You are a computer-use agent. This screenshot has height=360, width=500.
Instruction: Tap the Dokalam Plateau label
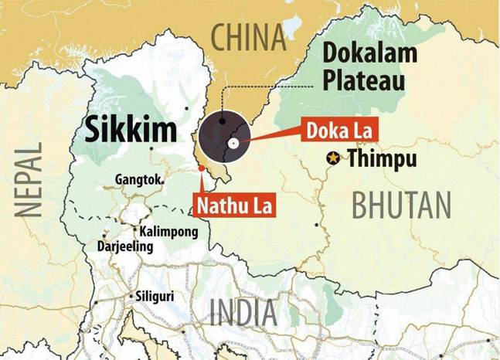pos(369,66)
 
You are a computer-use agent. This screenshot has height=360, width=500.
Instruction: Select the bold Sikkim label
pos(132,130)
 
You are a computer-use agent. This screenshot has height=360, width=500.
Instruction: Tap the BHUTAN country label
pos(401,205)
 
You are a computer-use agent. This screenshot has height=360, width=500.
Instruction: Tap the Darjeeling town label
pos(125,246)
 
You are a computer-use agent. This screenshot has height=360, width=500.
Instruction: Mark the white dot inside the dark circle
pos(232,143)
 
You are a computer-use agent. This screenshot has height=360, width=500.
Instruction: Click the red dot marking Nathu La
pos(201,167)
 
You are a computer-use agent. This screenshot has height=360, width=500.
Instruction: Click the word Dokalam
pos(369,53)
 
